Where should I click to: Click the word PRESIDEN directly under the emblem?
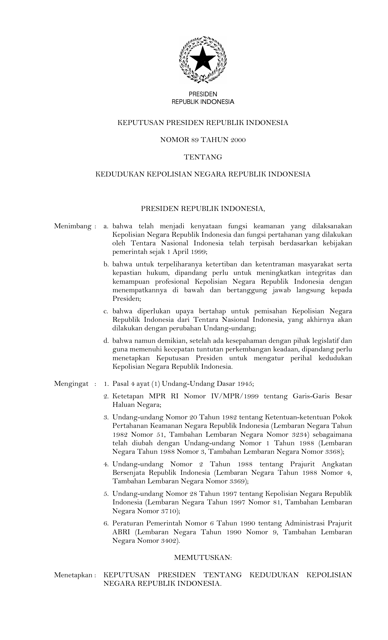203,94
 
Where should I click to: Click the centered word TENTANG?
203,157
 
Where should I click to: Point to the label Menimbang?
73,226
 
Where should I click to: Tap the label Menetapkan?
73,575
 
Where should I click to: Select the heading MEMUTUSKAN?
203,558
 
